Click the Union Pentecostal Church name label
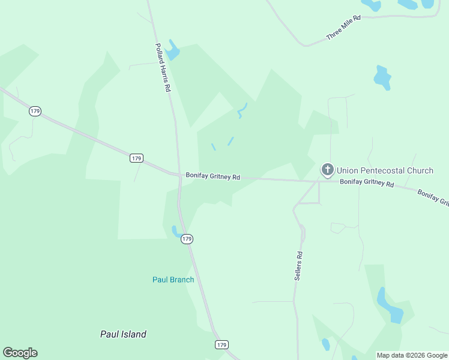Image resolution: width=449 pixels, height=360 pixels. [x=385, y=170]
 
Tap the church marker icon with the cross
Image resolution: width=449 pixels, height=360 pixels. [x=328, y=170]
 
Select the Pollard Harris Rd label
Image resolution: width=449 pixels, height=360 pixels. [x=163, y=67]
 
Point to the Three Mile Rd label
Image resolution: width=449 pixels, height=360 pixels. [x=343, y=28]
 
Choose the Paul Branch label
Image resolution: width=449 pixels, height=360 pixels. [x=173, y=280]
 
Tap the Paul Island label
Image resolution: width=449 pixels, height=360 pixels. [x=123, y=334]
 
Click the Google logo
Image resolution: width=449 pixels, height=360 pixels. [x=20, y=353]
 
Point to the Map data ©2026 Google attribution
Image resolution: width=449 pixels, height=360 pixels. [x=412, y=355]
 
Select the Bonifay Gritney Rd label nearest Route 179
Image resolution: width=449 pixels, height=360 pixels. [x=212, y=176]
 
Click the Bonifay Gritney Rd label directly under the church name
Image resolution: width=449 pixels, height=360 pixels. [x=366, y=182]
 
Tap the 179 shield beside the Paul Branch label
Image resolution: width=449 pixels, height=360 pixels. [x=187, y=239]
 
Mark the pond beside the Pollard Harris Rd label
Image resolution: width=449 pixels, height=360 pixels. [x=173, y=51]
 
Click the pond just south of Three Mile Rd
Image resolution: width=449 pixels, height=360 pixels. [x=382, y=77]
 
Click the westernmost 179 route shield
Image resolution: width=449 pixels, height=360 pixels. [x=35, y=112]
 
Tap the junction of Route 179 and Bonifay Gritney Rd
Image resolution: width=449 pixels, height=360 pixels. [x=179, y=175]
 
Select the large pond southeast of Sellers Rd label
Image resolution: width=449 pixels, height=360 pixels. [x=389, y=306]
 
